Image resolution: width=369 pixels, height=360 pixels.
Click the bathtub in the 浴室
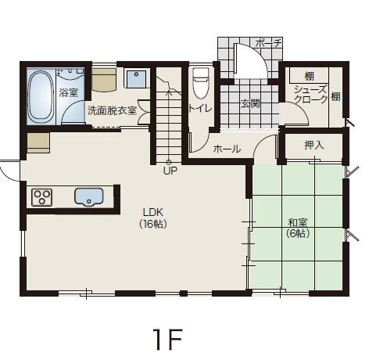click(41, 96)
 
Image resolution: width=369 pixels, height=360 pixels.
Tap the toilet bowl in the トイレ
click(201, 83)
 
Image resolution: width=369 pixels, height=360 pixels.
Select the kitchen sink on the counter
click(89, 197)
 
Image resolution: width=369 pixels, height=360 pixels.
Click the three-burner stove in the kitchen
click(42, 197)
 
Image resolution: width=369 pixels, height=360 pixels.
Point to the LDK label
click(153, 212)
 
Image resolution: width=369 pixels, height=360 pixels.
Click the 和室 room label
click(298, 223)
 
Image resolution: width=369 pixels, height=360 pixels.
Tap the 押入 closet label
click(314, 145)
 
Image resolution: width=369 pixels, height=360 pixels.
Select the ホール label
click(227, 149)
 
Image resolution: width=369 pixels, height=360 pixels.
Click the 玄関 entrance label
click(251, 104)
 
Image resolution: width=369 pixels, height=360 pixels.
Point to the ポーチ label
click(269, 43)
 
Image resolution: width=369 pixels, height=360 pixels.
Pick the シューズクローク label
click(310, 95)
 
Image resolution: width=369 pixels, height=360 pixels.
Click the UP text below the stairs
click(170, 171)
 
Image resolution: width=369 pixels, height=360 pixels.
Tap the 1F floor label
click(168, 339)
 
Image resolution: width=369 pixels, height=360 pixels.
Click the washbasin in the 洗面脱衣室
click(137, 78)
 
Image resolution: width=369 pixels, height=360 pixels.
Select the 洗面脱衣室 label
click(112, 110)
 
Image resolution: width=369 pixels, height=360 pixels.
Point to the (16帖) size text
click(153, 224)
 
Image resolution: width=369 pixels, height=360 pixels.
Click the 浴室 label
click(68, 92)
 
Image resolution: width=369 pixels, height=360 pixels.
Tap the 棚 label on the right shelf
click(335, 97)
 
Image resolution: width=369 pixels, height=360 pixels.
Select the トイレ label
click(200, 108)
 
